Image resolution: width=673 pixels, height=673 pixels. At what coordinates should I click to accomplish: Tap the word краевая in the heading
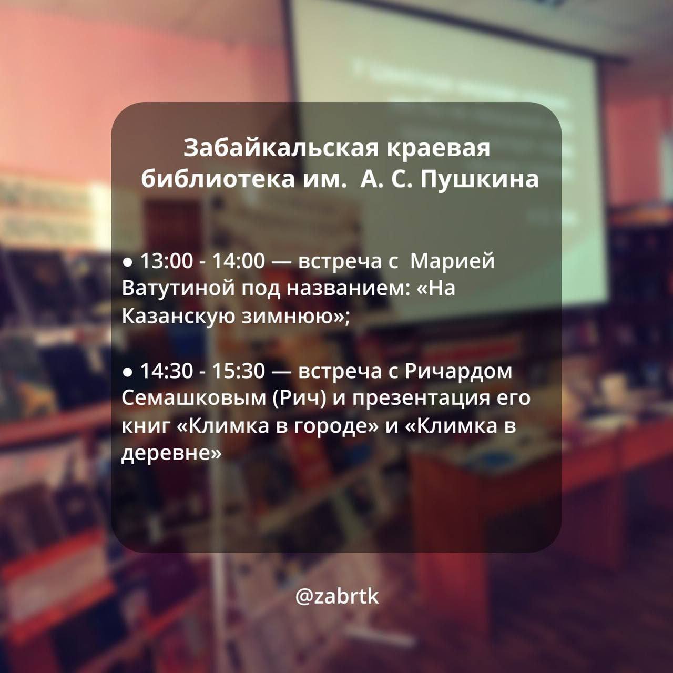[439, 148]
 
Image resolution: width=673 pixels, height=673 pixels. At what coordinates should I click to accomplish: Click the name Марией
[452, 261]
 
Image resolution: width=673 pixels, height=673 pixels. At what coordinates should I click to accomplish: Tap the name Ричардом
[458, 371]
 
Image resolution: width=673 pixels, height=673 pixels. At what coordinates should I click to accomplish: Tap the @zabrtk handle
[337, 597]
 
